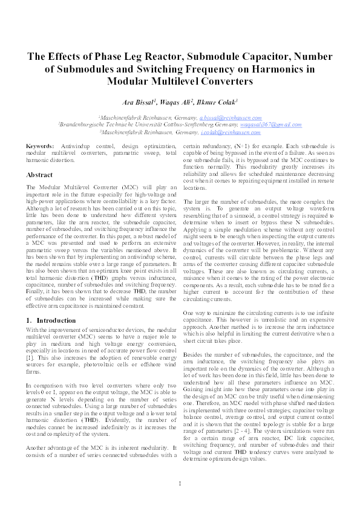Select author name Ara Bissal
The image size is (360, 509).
tap(139, 101)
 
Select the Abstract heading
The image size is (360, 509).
tap(39, 175)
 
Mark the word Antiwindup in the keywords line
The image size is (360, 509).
tap(77, 147)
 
